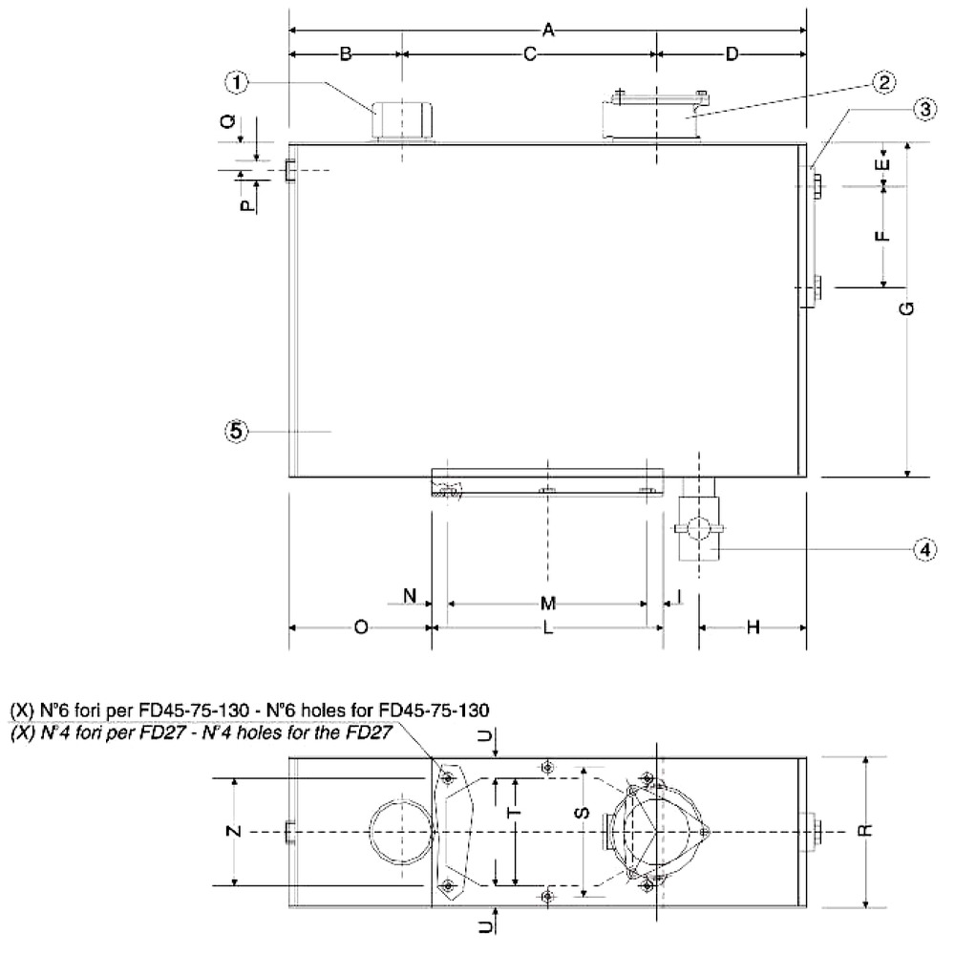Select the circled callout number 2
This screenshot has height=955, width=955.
point(883,82)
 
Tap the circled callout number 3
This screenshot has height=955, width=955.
point(924,110)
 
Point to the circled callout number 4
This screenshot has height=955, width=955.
point(924,550)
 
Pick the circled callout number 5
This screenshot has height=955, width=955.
point(236,432)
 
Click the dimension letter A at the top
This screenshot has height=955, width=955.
point(548,30)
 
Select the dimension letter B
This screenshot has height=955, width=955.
point(346,54)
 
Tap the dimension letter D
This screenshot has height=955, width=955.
point(732,54)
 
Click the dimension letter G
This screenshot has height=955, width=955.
point(907,308)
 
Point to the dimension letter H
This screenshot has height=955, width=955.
point(753,627)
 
